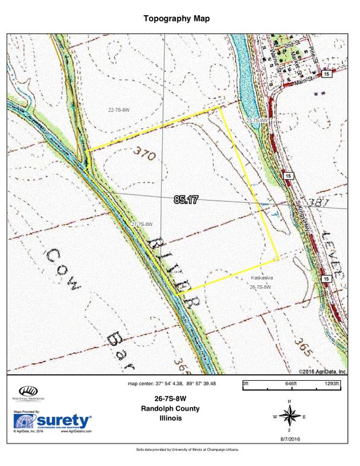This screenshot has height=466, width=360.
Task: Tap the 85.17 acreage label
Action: pyautogui.click(x=186, y=200)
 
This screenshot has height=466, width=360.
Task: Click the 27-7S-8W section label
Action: pyautogui.click(x=140, y=225)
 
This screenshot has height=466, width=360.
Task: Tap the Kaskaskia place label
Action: pyautogui.click(x=262, y=277)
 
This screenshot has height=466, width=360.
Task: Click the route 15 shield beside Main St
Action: pyautogui.click(x=327, y=74)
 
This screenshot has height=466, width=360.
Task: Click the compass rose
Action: pyautogui.click(x=290, y=416)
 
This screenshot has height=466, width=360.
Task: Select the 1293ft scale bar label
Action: pyautogui.click(x=334, y=383)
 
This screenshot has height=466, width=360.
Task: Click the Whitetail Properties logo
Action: pyautogui.click(x=26, y=393)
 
